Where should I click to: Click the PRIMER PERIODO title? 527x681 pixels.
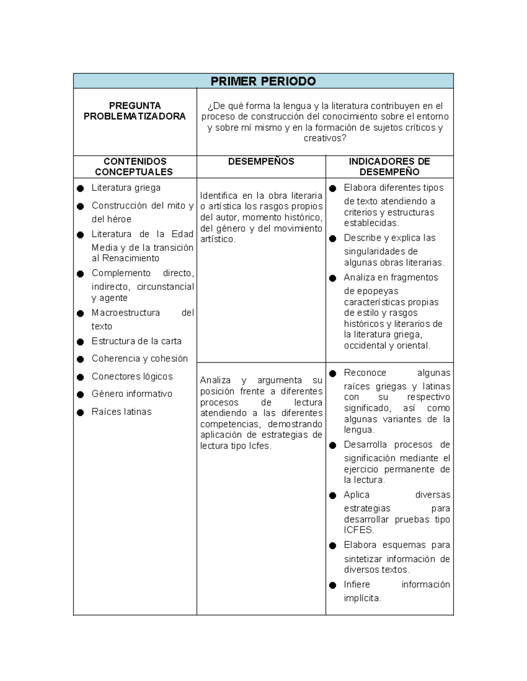coord(263,81)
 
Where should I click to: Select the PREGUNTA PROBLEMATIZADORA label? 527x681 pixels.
coord(134,111)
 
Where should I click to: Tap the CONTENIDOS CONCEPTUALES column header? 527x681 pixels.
coord(134,167)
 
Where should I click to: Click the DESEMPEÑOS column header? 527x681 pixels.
coord(261,161)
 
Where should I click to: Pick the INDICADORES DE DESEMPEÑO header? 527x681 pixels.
coord(389,167)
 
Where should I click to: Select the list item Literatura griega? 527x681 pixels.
coord(126,188)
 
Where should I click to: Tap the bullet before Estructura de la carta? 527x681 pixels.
coord(80,342)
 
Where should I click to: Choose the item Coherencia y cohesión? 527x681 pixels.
coord(140,359)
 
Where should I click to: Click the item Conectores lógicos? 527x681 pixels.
coord(132,377)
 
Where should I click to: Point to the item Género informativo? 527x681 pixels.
coord(132,394)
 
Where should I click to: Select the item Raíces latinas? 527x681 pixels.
coord(121,412)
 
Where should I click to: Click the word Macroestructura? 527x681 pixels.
coord(126,313)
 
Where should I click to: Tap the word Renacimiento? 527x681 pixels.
coord(130,258)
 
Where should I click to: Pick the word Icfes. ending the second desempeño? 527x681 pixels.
coord(260,446)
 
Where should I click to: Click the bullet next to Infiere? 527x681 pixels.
coord(333,585)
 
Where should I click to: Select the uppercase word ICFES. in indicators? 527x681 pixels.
coord(359,530)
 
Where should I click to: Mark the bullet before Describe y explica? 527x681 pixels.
coord(333,239)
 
